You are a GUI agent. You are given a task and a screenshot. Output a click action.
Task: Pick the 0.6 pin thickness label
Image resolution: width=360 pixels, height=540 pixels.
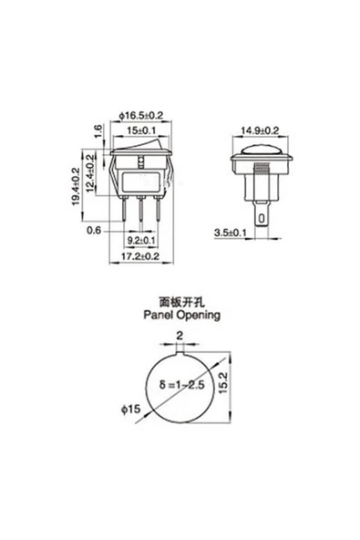point(93,230)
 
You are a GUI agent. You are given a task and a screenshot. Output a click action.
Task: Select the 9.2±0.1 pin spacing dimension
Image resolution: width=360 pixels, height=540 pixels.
point(139,241)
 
